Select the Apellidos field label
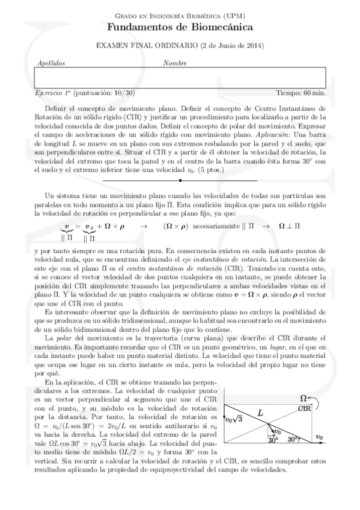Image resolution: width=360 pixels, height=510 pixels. (x=52, y=63)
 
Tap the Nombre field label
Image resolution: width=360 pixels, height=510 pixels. (x=174, y=63)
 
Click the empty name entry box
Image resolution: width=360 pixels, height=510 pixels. (x=180, y=77)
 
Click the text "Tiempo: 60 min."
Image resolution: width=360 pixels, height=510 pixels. (x=301, y=93)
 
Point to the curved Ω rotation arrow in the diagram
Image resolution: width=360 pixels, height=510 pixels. (x=314, y=400)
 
